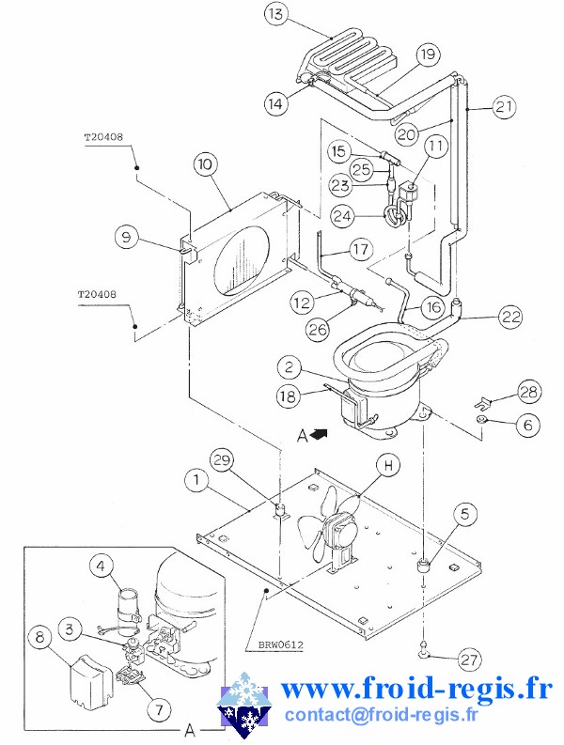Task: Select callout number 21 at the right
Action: [504, 107]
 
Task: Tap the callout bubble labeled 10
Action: [207, 163]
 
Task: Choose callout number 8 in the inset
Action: [39, 637]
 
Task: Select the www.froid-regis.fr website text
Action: [416, 688]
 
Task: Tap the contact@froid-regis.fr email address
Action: [381, 715]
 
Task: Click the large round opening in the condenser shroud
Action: [243, 256]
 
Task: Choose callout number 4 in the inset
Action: [103, 566]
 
